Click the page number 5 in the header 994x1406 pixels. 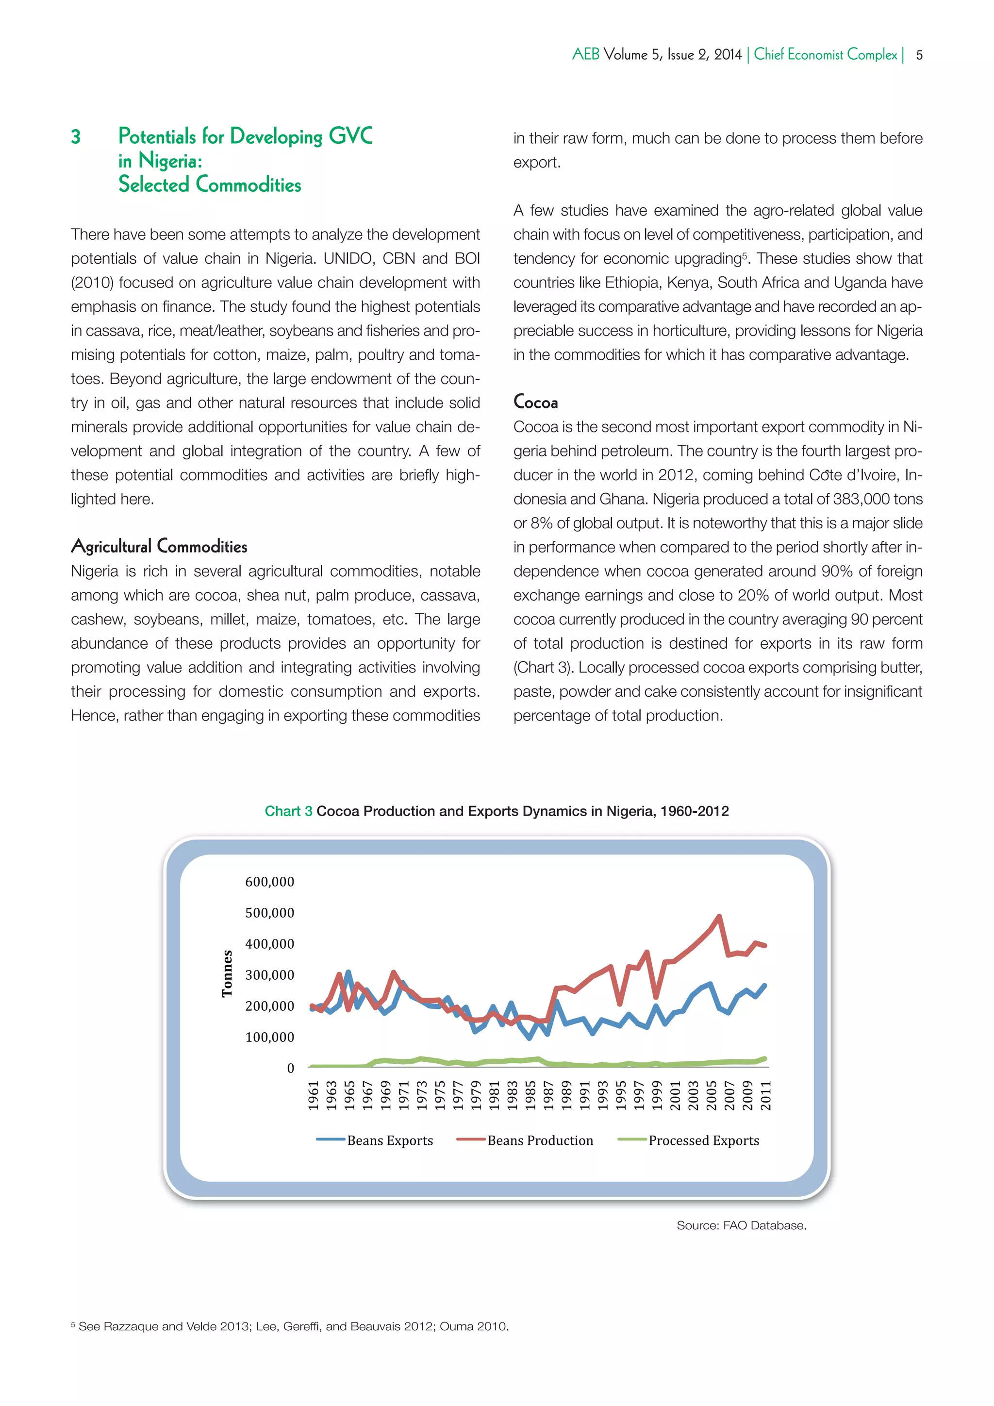click(x=919, y=55)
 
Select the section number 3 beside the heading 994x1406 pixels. click(x=76, y=136)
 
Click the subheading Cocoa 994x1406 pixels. click(x=535, y=402)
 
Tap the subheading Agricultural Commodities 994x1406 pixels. click(x=159, y=546)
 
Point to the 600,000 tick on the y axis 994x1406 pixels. click(x=269, y=882)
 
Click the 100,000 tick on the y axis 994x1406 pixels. click(x=269, y=1037)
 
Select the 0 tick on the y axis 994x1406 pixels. click(x=290, y=1068)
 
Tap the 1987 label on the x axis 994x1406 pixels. click(x=548, y=1096)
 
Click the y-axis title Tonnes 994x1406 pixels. click(x=227, y=974)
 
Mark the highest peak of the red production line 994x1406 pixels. click(x=719, y=917)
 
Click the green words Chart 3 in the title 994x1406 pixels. click(x=288, y=811)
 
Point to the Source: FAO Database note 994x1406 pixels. click(x=741, y=1225)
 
